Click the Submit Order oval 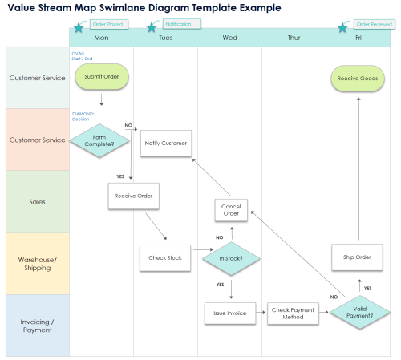point(101,78)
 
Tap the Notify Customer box point(166,144)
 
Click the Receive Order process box point(133,196)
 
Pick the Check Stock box point(165,258)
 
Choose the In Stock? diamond point(230,258)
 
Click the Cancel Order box point(231,209)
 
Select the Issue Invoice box point(230,312)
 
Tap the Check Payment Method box point(293,312)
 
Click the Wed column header point(229,38)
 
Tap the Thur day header point(294,38)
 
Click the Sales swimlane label point(38,202)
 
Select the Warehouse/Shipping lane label point(38,264)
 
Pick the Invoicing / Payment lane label point(38,326)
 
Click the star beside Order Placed point(79,27)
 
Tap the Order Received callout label point(374,24)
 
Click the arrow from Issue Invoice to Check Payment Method point(261,312)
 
